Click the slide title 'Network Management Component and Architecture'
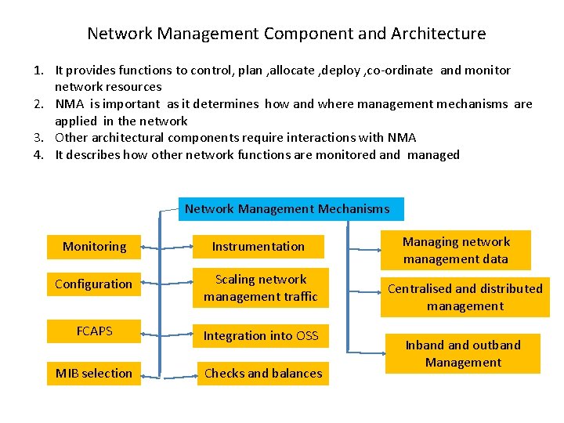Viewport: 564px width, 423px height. (286, 34)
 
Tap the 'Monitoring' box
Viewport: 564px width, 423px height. (94, 247)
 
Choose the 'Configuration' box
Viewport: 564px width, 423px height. (93, 284)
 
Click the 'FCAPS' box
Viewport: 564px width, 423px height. (94, 331)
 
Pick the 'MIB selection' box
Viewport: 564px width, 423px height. (93, 373)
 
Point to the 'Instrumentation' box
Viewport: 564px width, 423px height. (258, 247)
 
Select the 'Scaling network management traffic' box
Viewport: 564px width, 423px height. (261, 287)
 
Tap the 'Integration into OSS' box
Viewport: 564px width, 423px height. (261, 335)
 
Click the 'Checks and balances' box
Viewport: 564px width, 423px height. (263, 373)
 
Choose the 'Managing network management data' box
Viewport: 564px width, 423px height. (456, 250)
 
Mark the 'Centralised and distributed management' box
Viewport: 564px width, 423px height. (465, 297)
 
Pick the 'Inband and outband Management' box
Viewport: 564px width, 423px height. (463, 353)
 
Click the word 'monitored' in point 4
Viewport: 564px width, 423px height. (349, 155)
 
